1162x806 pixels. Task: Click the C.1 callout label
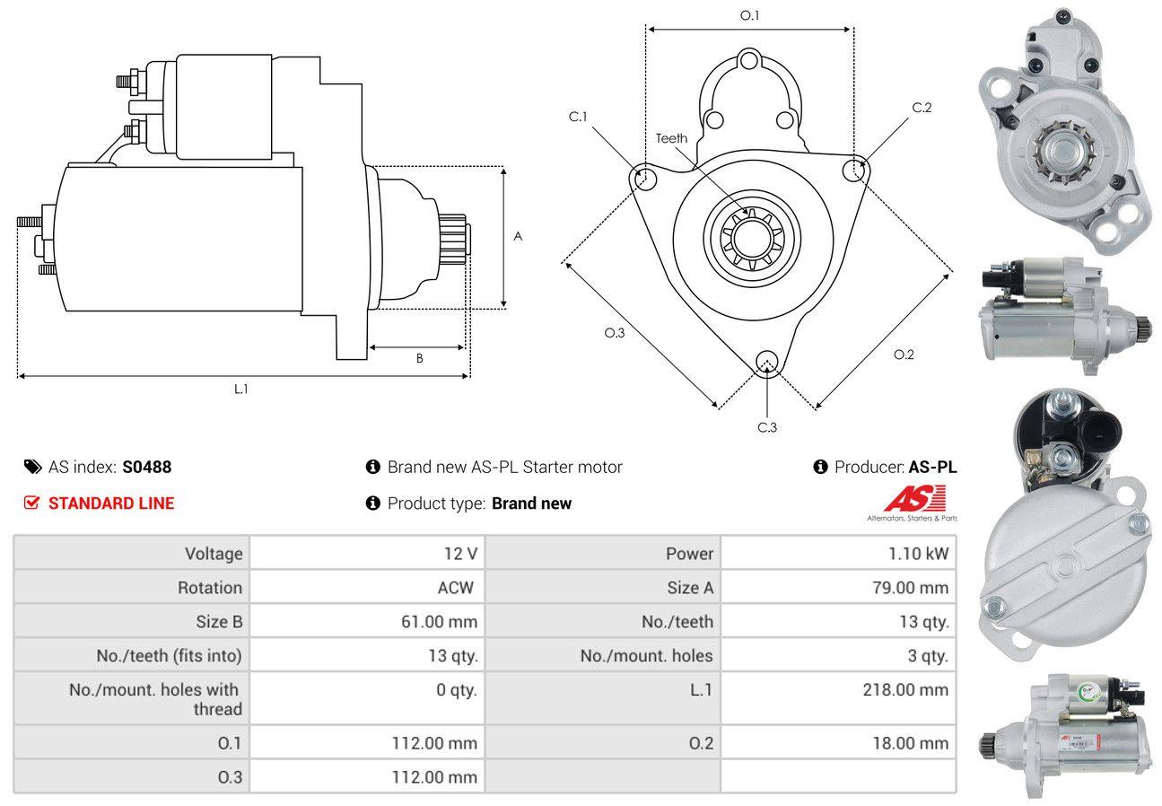point(577,117)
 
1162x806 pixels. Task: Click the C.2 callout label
point(922,108)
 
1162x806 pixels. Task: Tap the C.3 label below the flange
point(767,427)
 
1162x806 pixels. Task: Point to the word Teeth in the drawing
point(671,138)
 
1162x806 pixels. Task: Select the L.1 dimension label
point(241,389)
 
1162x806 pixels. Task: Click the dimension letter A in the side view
point(518,236)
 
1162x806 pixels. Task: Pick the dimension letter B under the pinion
point(419,358)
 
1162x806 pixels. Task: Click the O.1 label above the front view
point(749,15)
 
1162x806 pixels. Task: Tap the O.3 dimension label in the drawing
point(614,332)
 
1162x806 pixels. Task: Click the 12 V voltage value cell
point(460,554)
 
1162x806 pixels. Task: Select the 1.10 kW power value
point(918,554)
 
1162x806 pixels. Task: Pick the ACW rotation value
point(455,588)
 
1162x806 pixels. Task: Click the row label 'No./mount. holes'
point(646,656)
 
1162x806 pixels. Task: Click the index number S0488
point(146,467)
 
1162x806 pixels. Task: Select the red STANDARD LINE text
point(111,504)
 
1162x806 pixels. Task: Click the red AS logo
point(915,497)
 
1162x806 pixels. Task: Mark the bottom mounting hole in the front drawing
point(766,362)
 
